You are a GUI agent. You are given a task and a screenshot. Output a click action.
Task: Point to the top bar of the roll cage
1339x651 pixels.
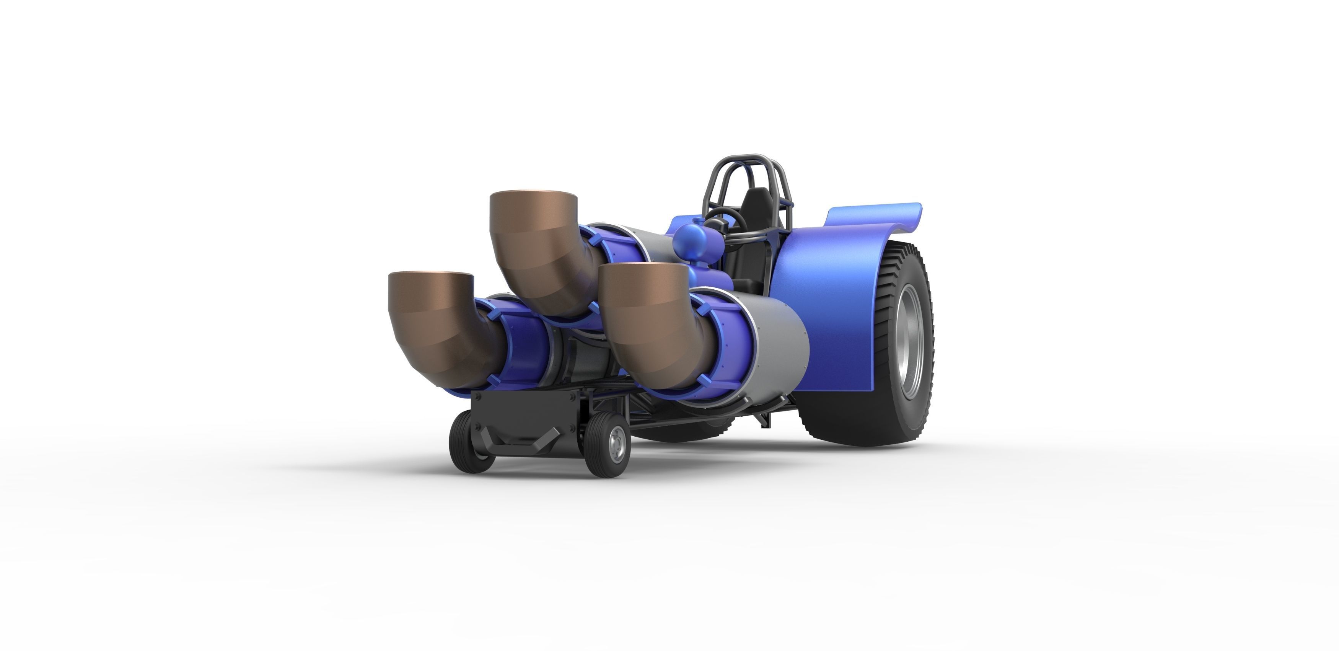coord(749,157)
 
